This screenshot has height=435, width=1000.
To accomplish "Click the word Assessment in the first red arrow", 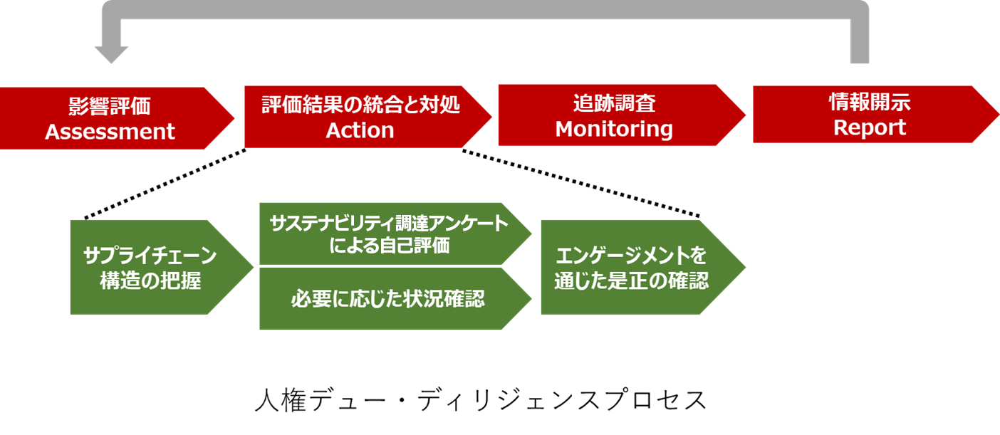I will (110, 132).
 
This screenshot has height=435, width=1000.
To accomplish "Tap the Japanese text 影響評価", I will (110, 106).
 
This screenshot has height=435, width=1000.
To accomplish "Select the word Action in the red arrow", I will (360, 130).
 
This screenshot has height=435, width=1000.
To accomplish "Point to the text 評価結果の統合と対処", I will (360, 105).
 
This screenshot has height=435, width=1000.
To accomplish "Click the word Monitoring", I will (614, 129).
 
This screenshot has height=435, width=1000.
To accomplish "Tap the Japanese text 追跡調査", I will (614, 104).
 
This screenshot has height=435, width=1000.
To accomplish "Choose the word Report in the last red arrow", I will (870, 127).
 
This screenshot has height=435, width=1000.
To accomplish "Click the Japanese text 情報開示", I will (870, 103).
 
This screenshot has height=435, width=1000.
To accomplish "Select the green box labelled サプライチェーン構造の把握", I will (150, 268).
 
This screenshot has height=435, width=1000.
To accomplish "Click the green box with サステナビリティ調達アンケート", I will (389, 224).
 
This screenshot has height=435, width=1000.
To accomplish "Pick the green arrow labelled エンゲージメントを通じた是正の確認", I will (632, 268).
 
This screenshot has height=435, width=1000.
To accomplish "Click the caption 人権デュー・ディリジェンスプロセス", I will (481, 400).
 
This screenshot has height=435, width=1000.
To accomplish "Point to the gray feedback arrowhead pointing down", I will (111, 55).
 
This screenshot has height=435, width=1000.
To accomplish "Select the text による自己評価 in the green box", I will (389, 246).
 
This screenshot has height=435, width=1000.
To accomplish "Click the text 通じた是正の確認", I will (632, 281).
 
